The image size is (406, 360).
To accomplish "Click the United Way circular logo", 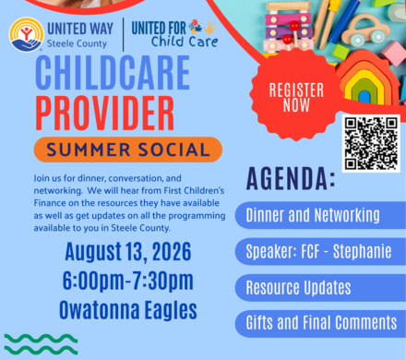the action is tap(27, 34).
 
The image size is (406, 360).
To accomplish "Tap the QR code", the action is tap(371, 143).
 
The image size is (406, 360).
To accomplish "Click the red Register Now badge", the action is tap(296, 95).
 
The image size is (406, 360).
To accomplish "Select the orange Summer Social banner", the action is tap(128, 150).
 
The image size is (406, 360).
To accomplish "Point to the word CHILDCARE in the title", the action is tap(113, 73).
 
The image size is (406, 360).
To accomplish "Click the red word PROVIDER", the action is tap(105, 113).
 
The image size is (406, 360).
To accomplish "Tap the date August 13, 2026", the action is tap(128, 252).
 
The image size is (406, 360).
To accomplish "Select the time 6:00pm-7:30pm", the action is tap(128, 281).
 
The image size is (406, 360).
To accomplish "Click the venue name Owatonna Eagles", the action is tap(128, 309).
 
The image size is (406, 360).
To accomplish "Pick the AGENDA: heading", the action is tap(291, 178).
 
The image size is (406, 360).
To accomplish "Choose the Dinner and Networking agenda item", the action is tap(320, 215).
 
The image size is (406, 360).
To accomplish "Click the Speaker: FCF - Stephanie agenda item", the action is tap(320, 251).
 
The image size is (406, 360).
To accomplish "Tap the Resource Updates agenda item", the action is tap(320, 288).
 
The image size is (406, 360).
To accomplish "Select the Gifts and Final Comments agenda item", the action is tap(320, 323).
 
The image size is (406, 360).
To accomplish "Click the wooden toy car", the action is tap(368, 30).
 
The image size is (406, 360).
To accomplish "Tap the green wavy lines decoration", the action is tap(41, 344).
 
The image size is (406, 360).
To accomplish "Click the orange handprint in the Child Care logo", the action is tap(210, 28).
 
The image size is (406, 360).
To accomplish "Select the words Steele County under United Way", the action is tap(77, 43).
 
